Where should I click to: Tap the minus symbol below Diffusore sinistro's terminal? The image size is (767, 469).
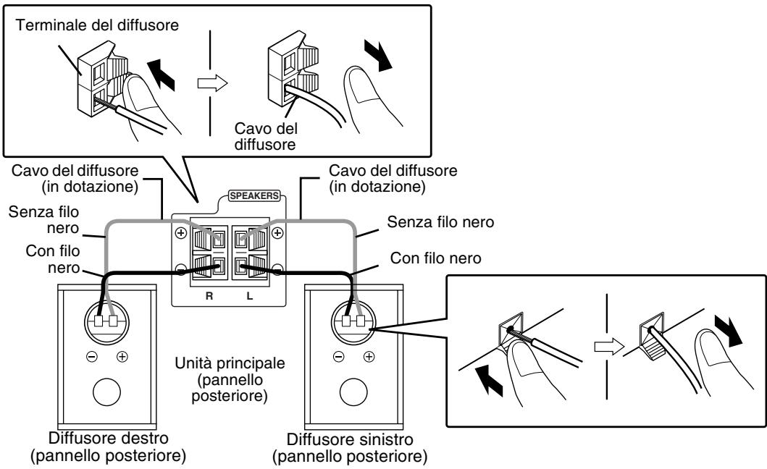pos(336,356)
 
